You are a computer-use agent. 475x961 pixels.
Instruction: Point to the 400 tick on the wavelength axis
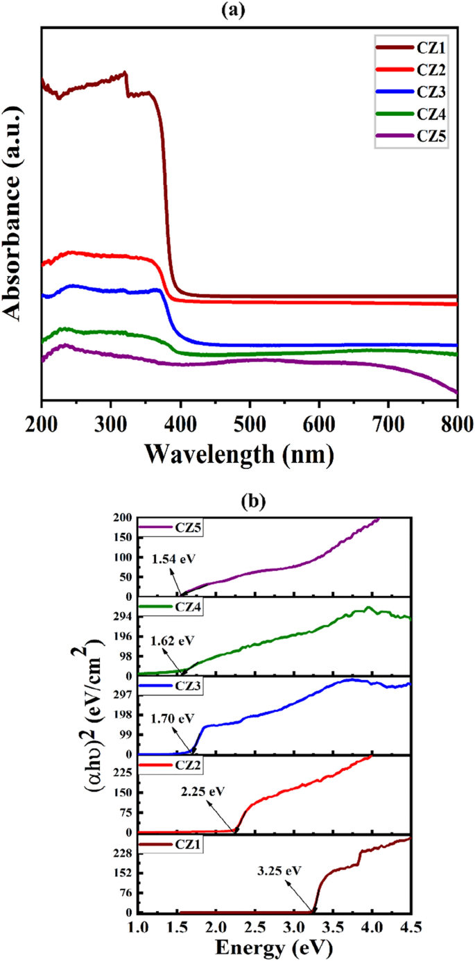180,424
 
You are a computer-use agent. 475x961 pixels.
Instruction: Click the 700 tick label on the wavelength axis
388,424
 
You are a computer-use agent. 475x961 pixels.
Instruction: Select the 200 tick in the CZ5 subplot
121,518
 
